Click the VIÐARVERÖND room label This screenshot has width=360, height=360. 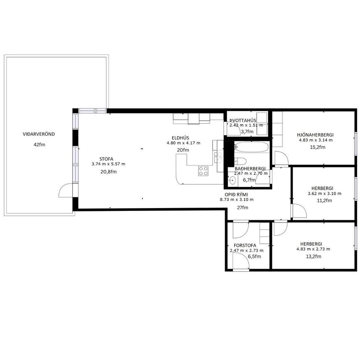pos(39,134)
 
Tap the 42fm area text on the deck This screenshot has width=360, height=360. pos(39,144)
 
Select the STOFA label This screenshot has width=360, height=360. pos(106,159)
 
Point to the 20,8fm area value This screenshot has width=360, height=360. pos(109,172)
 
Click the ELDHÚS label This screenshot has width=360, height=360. pos(181,138)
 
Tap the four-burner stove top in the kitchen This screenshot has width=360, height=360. pos(203,171)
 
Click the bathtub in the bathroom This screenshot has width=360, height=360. pos(252,147)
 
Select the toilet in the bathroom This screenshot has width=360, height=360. pos(240,161)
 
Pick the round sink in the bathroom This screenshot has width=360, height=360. pos(232,180)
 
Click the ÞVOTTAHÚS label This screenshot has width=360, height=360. pos(243,120)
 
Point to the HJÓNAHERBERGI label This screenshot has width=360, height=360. pos(315,135)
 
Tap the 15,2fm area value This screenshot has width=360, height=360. pos(318,147)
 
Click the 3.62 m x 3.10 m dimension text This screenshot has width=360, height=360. pos(324,193)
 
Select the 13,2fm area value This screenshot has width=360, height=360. pos(313,257)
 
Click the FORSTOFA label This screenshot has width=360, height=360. pos(245,245)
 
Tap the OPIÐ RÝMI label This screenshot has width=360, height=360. pos(236,195)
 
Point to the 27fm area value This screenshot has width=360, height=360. pos(242,208)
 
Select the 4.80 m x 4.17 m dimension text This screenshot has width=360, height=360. pos(184,143)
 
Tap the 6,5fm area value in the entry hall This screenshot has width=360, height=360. pos(255,257)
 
